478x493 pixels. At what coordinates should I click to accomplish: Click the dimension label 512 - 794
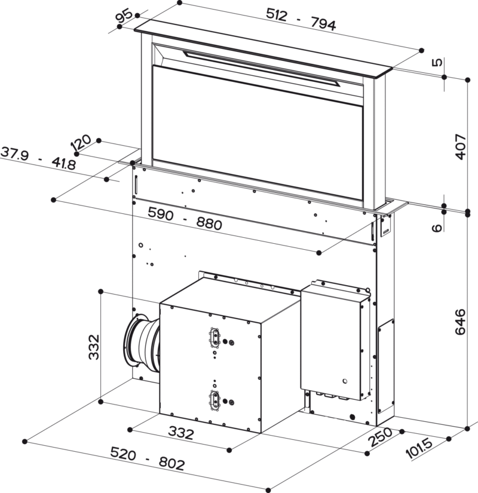coord(301,20)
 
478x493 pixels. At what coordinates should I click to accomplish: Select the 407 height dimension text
coord(461,147)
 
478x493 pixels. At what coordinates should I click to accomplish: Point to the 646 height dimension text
coord(461,322)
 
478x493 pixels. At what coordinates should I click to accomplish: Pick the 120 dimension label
coord(81,143)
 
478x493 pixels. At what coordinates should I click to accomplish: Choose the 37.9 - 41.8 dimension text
coord(38,158)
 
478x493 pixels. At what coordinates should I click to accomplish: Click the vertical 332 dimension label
coord(94,347)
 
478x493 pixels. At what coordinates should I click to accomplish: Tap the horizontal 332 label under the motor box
coord(181,433)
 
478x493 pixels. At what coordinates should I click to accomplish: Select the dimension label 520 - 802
coord(147,459)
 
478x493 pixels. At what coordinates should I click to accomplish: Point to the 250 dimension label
coord(381,437)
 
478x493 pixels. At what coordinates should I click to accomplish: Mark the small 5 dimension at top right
coord(437,62)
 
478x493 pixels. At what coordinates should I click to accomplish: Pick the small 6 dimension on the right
coord(437,228)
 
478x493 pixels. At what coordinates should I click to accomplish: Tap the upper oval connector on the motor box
coord(215,338)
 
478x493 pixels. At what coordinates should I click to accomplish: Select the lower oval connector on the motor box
coord(215,400)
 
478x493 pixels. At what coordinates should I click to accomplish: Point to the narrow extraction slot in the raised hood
coord(262,68)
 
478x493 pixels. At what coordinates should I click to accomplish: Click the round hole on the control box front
coord(345,381)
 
